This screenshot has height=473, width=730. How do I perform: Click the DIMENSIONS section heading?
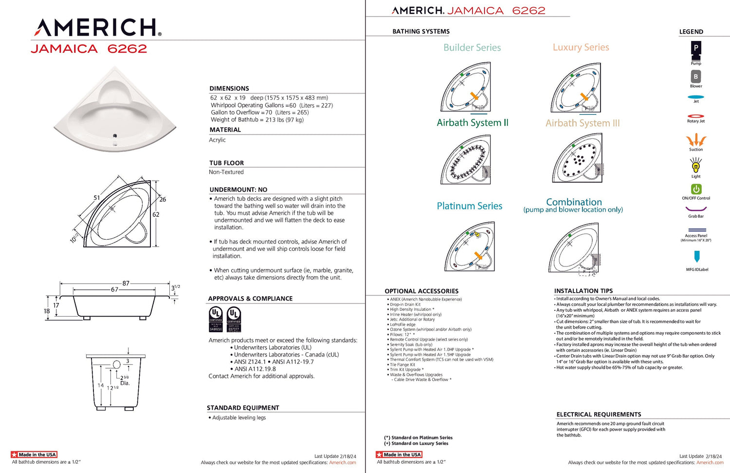point(229,89)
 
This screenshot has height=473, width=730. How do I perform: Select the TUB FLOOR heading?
point(226,163)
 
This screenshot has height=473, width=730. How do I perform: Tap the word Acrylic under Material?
point(217,140)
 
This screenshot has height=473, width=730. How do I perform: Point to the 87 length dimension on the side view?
point(126,283)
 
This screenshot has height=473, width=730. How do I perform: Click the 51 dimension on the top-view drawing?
point(97,198)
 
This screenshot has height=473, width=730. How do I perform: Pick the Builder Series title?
point(472,48)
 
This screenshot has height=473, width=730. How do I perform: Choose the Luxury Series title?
point(581,47)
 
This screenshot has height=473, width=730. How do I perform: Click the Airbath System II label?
point(472,123)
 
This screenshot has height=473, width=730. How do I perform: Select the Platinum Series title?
point(469,206)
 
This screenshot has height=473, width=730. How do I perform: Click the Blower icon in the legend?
point(696,76)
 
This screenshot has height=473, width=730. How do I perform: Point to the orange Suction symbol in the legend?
point(696,140)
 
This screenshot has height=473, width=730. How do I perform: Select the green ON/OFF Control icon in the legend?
point(696,189)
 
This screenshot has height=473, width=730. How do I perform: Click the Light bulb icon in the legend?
point(696,167)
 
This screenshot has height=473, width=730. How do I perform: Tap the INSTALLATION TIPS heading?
point(583,291)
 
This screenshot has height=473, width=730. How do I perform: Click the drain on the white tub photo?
point(115,136)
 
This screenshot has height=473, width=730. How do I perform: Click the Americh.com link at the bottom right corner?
point(710,463)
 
